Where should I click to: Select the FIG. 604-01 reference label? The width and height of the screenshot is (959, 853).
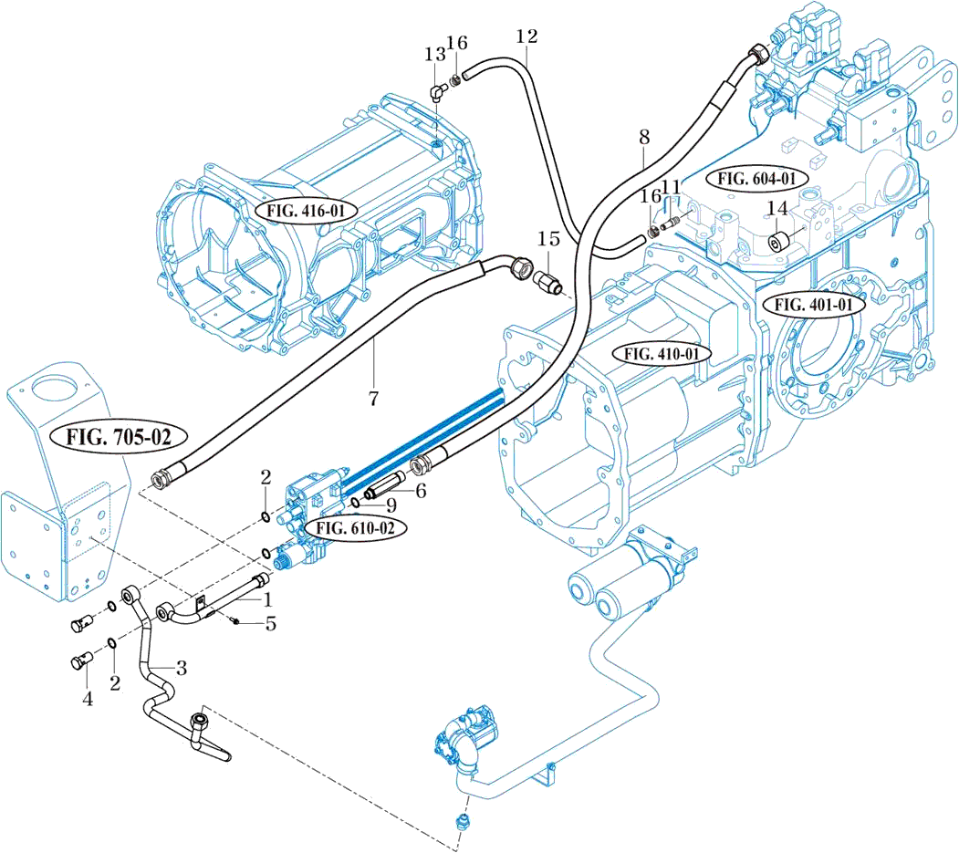(x=757, y=177)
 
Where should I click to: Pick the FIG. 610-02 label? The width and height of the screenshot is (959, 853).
(x=355, y=527)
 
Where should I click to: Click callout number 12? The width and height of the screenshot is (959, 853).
(x=526, y=36)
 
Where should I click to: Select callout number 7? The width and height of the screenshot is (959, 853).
(x=373, y=398)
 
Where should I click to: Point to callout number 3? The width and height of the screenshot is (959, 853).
(x=181, y=669)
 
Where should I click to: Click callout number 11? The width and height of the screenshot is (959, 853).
(x=671, y=187)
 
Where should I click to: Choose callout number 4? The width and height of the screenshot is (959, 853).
(x=87, y=700)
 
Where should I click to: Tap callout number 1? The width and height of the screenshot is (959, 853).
(x=268, y=599)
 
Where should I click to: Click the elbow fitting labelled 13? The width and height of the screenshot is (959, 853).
(x=437, y=91)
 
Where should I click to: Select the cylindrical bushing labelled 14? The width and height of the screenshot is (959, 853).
(x=780, y=243)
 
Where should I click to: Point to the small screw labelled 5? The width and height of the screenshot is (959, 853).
(x=235, y=621)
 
